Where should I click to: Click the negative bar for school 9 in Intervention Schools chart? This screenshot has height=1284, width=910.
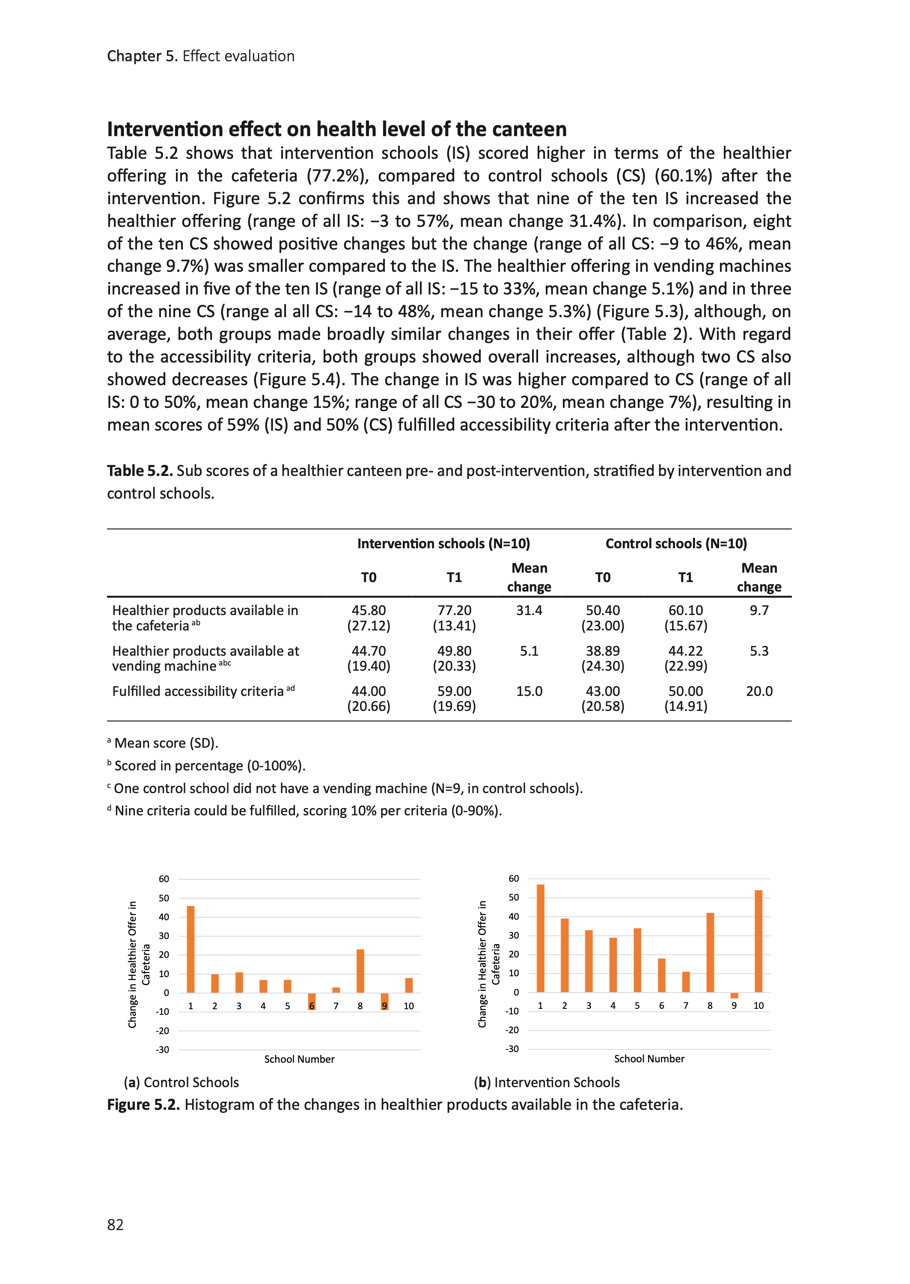click(734, 996)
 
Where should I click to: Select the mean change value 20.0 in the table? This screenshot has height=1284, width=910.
click(759, 691)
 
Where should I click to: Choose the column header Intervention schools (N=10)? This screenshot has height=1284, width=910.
click(443, 544)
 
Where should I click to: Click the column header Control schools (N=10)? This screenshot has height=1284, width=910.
click(676, 544)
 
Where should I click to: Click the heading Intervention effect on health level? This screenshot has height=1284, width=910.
click(337, 129)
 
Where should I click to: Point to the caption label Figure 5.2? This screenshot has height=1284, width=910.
click(143, 1105)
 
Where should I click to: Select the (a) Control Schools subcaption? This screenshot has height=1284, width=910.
click(181, 1082)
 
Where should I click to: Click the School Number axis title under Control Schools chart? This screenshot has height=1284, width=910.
click(299, 1059)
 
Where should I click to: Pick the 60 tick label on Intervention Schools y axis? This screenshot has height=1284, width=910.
click(513, 878)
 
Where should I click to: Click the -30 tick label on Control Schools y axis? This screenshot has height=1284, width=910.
click(163, 1050)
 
